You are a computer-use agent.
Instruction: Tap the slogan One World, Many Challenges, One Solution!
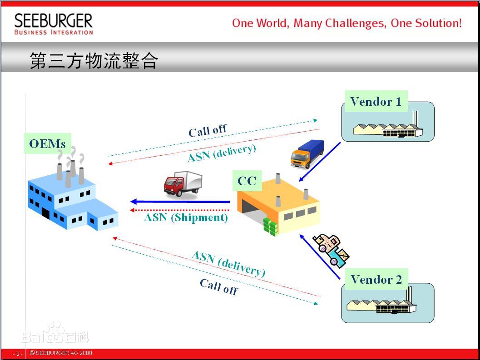(x=346, y=23)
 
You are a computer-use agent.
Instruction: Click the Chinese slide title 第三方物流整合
(x=94, y=60)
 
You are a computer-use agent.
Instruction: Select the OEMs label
(x=47, y=143)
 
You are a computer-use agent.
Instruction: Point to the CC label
(x=247, y=181)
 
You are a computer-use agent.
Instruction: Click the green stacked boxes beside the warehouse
(x=270, y=227)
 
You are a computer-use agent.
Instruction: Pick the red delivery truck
(x=183, y=184)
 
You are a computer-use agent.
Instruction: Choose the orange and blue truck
(x=307, y=154)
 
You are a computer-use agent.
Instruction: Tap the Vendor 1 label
(x=376, y=101)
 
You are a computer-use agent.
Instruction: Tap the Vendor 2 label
(x=376, y=279)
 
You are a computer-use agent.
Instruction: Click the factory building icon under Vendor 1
(x=388, y=126)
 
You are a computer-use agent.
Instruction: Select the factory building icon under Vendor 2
(x=381, y=303)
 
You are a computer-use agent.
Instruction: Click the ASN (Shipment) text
(x=186, y=217)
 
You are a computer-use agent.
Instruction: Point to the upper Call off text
(x=207, y=131)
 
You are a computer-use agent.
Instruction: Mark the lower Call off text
(x=218, y=287)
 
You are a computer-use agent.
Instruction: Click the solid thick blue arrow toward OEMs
(x=180, y=202)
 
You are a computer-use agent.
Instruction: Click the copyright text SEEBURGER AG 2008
(x=61, y=353)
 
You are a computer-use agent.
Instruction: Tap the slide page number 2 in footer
(x=18, y=354)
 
